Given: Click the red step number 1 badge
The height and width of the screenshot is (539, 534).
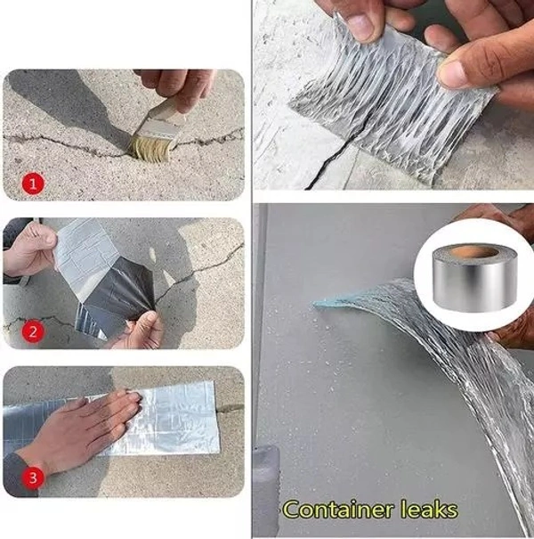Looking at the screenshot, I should pos(34,184).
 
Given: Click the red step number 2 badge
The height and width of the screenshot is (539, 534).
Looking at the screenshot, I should pos(34,332).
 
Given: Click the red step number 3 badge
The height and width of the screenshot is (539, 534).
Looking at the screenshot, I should pos(34,478).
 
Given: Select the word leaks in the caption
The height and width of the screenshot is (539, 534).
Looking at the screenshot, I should pos(425,510).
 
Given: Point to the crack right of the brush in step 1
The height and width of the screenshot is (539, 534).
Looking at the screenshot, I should pos(214,139).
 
